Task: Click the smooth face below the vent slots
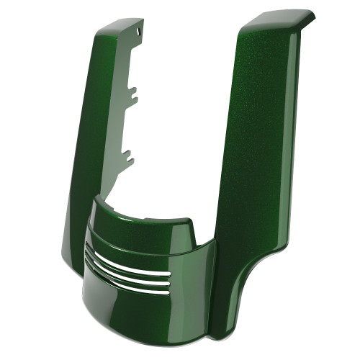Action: coord(158,310)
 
